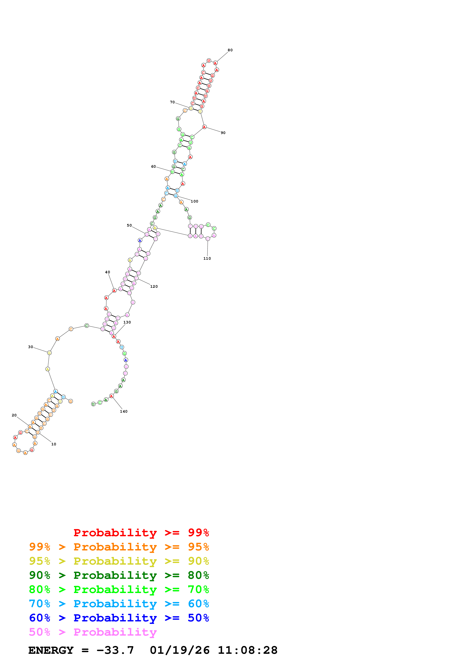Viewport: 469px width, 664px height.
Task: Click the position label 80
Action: pos(230,50)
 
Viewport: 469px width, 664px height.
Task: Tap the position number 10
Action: pos(54,444)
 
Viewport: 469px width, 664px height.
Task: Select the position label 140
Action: pos(124,411)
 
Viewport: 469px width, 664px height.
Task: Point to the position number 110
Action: pos(207,259)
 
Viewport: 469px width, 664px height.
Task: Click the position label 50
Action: pos(129,225)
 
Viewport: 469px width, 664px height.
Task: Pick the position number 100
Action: pos(194,201)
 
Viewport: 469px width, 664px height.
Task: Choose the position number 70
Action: pos(172,102)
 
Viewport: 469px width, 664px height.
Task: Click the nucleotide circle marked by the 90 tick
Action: pos(204,127)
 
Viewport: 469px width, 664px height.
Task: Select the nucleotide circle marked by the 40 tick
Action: pos(114,290)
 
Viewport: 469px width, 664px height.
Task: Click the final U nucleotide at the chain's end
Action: pos(93,404)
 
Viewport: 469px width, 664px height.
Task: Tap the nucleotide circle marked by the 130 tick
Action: pos(114,336)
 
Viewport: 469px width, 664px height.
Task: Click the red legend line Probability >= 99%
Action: pos(141,533)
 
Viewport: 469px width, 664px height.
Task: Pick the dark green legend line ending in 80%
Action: pos(119,575)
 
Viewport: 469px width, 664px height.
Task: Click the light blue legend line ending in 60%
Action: pos(119,604)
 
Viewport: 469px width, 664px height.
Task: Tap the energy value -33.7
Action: pos(115,650)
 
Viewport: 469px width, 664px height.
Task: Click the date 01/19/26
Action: pos(180,650)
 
